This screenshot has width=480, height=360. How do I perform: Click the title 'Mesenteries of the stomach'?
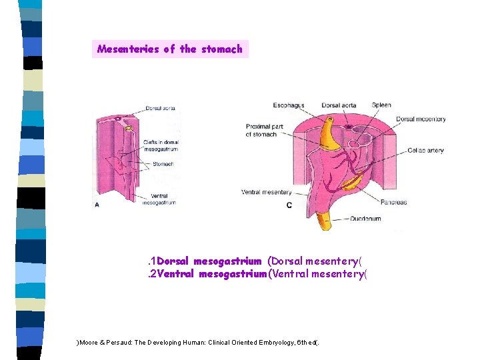point(170,49)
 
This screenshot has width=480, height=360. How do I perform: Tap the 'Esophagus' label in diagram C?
point(289,105)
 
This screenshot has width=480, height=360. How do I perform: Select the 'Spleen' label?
point(381,105)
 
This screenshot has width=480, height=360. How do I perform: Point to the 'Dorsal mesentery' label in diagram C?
point(421,119)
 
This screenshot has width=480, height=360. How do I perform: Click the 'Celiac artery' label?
point(426,151)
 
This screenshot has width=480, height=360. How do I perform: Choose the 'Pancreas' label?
point(394,202)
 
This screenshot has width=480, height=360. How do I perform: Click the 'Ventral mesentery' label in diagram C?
point(266,193)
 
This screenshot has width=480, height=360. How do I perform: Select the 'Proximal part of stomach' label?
point(261,131)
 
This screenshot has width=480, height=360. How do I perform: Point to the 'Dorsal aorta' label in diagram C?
point(339,105)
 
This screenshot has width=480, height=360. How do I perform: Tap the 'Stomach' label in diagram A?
point(163,164)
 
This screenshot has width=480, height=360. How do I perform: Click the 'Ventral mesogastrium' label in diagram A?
point(159,199)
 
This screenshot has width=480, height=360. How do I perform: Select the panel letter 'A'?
point(97,205)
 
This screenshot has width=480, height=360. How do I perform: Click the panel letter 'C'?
point(289,205)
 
